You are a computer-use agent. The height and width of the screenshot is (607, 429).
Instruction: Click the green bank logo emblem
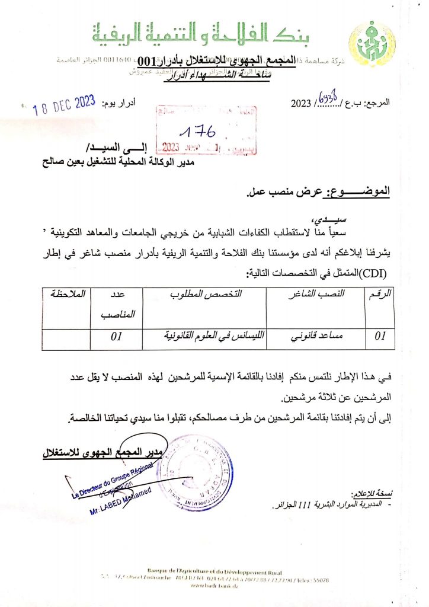point(372,41)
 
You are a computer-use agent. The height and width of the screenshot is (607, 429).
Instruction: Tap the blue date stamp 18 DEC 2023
point(64,106)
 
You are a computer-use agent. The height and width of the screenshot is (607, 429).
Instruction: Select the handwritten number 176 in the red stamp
point(199,130)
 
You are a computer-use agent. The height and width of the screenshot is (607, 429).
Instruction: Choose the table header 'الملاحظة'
point(67,294)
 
